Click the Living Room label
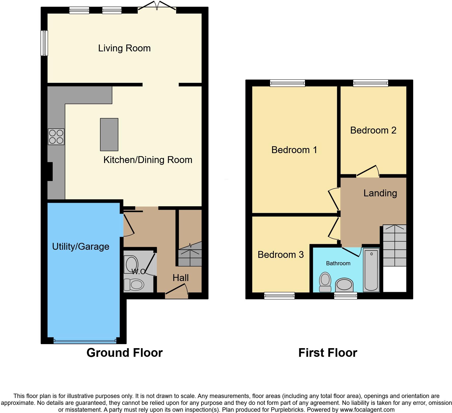point(124,48)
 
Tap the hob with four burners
point(56,137)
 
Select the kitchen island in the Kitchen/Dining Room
point(109,135)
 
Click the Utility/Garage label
point(81,246)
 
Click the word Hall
point(180,278)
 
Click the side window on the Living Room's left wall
point(44,43)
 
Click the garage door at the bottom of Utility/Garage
point(85,341)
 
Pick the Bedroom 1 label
point(294,150)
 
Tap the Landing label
point(380,193)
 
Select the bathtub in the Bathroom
point(371,270)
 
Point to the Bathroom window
point(345,296)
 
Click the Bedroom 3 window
point(279,296)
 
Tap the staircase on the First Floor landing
point(394,245)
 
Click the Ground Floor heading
point(124,353)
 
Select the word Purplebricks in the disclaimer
point(289,410)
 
